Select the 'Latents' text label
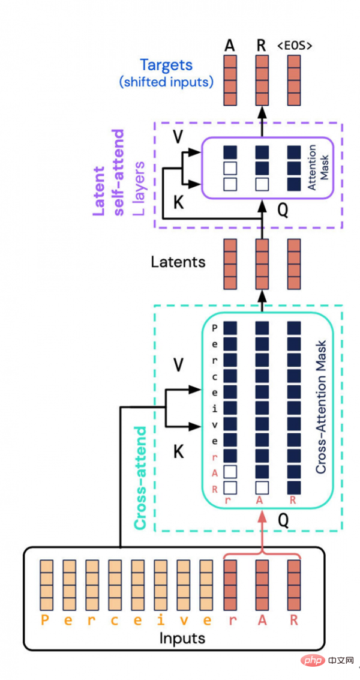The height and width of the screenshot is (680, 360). tap(178, 262)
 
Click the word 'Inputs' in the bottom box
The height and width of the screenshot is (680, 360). tap(182, 637)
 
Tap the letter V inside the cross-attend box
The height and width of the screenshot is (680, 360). tap(178, 364)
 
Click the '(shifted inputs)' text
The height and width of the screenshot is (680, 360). tap(167, 82)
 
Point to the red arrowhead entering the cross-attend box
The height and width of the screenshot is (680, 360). tap(262, 517)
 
